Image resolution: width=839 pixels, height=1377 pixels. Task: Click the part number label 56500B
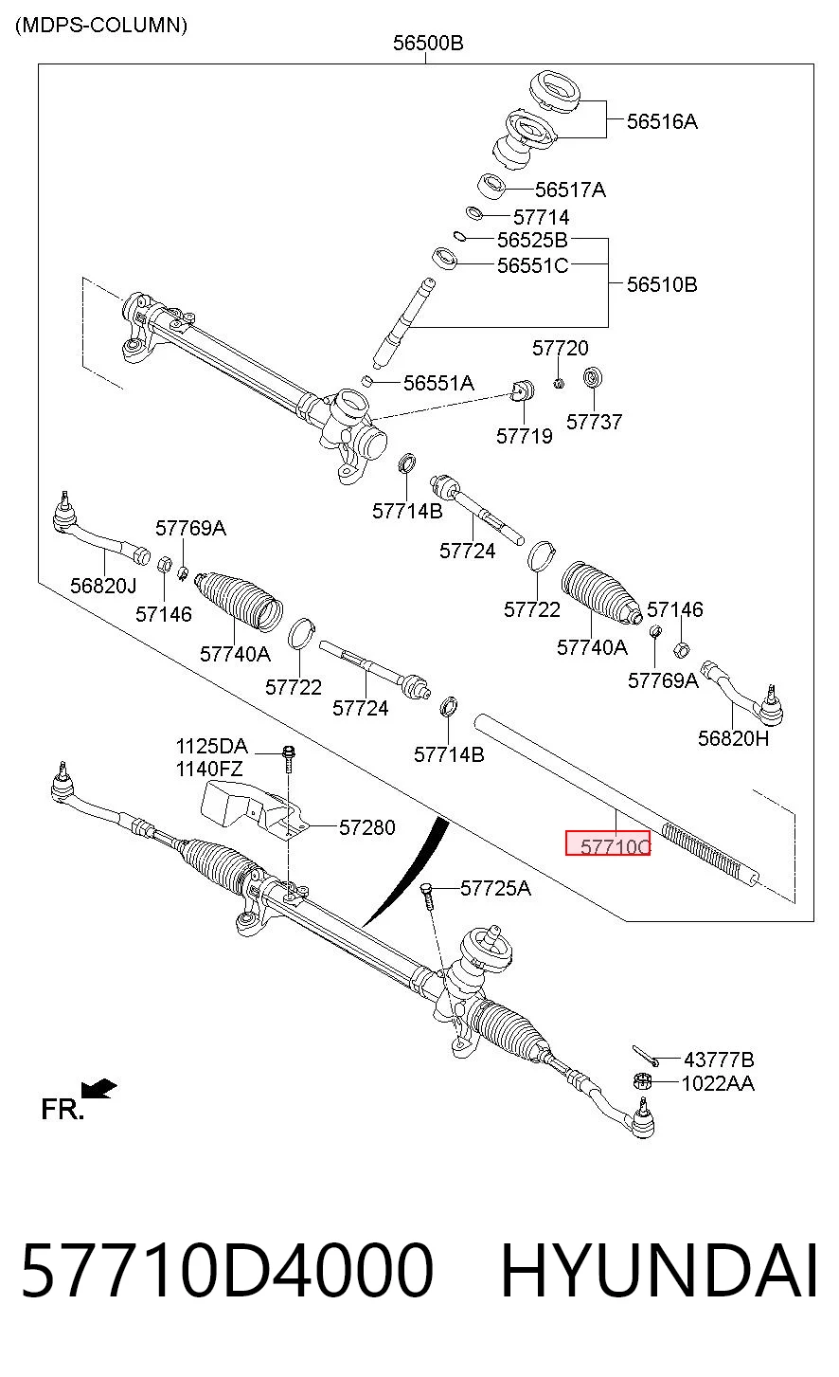pos(428,43)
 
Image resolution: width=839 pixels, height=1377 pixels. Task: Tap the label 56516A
pos(662,121)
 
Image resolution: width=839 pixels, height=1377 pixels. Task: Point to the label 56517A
pos(571,190)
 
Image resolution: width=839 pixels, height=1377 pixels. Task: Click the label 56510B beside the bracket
pos(662,284)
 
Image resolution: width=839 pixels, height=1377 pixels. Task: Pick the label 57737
pos(594,422)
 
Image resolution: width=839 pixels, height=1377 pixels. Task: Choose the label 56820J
pos(103,586)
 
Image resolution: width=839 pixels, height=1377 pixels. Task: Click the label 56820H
pos(733,738)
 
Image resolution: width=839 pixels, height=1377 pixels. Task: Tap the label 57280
pos(367,827)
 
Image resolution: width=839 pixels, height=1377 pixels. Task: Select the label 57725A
pos(495,888)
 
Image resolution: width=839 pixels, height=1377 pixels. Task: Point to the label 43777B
pos(720,1060)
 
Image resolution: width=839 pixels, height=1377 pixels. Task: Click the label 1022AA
pos(718,1083)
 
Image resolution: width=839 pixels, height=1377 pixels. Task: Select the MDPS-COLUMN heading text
pos(101,26)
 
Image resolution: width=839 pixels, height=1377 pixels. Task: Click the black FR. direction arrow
pos(98,1089)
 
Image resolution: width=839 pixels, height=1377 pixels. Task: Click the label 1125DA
pos(212,746)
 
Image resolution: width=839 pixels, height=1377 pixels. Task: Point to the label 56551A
pos(438,384)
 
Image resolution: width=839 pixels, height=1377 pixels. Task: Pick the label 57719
pos(525,437)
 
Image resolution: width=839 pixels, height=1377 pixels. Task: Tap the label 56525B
pos(532,240)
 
